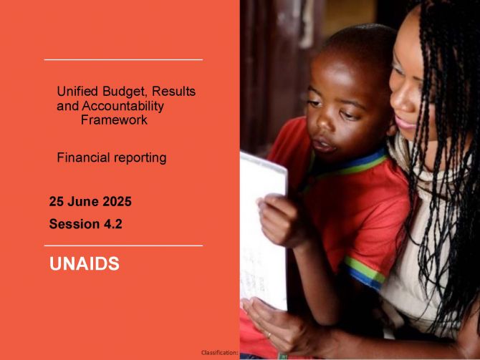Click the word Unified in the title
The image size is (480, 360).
(x=77, y=91)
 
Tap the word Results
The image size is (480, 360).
(x=173, y=91)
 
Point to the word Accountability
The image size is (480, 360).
(x=123, y=106)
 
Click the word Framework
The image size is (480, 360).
(x=114, y=120)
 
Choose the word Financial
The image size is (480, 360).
(x=83, y=157)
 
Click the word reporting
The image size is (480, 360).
(x=140, y=158)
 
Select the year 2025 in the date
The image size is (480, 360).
(x=117, y=202)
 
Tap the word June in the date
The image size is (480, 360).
(x=83, y=202)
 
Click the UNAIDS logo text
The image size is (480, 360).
(x=85, y=263)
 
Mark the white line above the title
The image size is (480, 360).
(x=123, y=59)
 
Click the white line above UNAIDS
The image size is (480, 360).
(x=123, y=245)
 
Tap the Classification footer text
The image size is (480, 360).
(x=220, y=353)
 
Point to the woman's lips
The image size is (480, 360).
(x=404, y=122)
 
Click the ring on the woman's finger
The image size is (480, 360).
(x=269, y=335)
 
